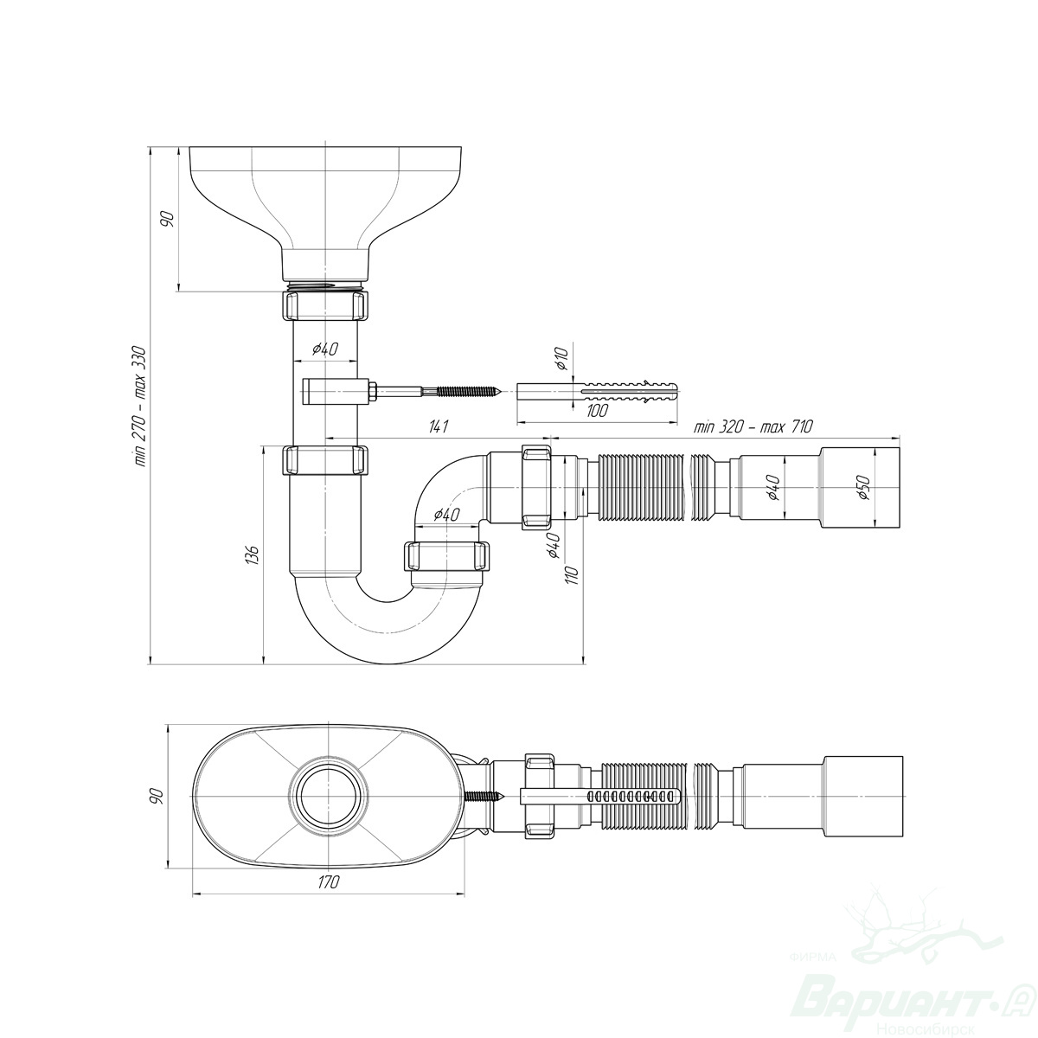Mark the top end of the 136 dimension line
click(264, 446)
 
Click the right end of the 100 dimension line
click(676, 423)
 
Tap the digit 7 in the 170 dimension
click(328, 882)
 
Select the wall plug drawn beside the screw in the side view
click(597, 390)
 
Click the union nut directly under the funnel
click(326, 305)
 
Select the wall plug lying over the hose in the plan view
click(599, 796)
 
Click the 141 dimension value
click(439, 426)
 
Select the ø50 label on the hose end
click(863, 488)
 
